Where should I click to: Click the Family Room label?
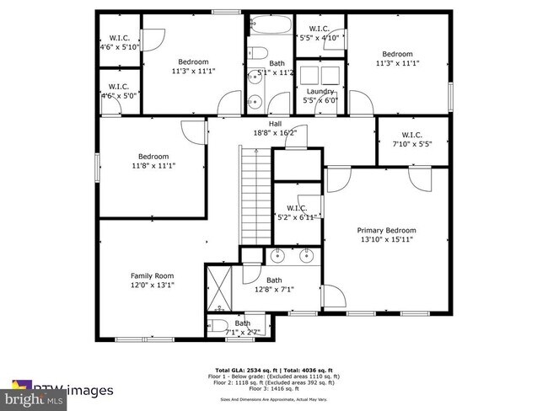coord(152,275)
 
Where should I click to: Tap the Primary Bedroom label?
coord(386,230)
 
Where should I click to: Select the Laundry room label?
coord(320,91)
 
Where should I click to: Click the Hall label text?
coord(275,123)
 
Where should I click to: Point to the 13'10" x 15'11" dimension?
coord(386,239)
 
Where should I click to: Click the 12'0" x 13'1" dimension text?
coord(152,285)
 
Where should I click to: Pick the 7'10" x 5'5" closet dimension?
coord(411,143)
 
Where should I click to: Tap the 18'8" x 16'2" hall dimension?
coord(275,132)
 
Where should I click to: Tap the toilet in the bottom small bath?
coord(217,325)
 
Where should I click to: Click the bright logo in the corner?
coord(30,395)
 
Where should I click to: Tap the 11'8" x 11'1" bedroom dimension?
coord(153,165)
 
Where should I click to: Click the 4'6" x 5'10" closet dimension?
coord(119,46)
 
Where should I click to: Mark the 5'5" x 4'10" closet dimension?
coord(320,38)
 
